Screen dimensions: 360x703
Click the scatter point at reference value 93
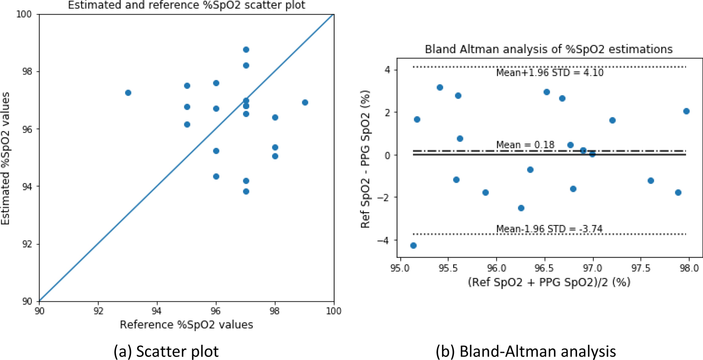point(128,93)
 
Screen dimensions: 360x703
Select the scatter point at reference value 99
point(305,103)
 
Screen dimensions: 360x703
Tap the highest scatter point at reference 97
point(246,50)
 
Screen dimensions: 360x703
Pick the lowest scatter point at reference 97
point(246,192)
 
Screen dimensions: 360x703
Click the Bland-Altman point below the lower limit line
point(413,246)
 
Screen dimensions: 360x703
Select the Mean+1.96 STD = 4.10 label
point(550,73)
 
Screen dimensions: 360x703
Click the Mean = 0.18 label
point(525,145)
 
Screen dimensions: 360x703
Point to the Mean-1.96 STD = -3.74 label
point(549,229)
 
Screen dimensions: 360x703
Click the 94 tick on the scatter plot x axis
point(157,311)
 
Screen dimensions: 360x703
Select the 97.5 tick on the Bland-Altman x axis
point(641,268)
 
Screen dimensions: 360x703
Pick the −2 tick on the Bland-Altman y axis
point(385,197)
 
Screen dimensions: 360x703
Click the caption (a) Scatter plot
point(166,351)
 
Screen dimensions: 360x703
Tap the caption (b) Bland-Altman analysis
point(525,351)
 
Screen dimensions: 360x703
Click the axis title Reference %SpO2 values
point(186,325)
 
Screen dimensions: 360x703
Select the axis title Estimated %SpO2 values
point(6,158)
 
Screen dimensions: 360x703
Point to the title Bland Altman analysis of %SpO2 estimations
point(548,49)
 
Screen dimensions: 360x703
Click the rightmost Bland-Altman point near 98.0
point(686,111)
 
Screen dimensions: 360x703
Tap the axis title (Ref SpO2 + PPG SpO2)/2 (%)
point(549,282)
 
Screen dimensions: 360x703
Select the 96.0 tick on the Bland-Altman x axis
point(496,268)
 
